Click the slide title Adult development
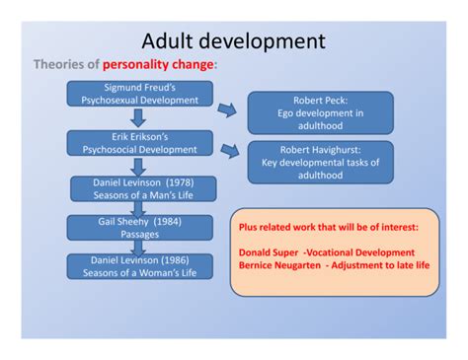pyautogui.click(x=233, y=41)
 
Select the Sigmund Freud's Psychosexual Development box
pyautogui.click(x=139, y=94)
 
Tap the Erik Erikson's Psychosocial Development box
pyautogui.click(x=139, y=143)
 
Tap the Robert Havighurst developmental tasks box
pyautogui.click(x=320, y=161)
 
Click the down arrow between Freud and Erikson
pyautogui.click(x=139, y=118)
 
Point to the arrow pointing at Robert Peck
pyautogui.click(x=228, y=108)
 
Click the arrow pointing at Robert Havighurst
pyautogui.click(x=229, y=150)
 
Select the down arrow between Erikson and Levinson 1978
pyautogui.click(x=139, y=167)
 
